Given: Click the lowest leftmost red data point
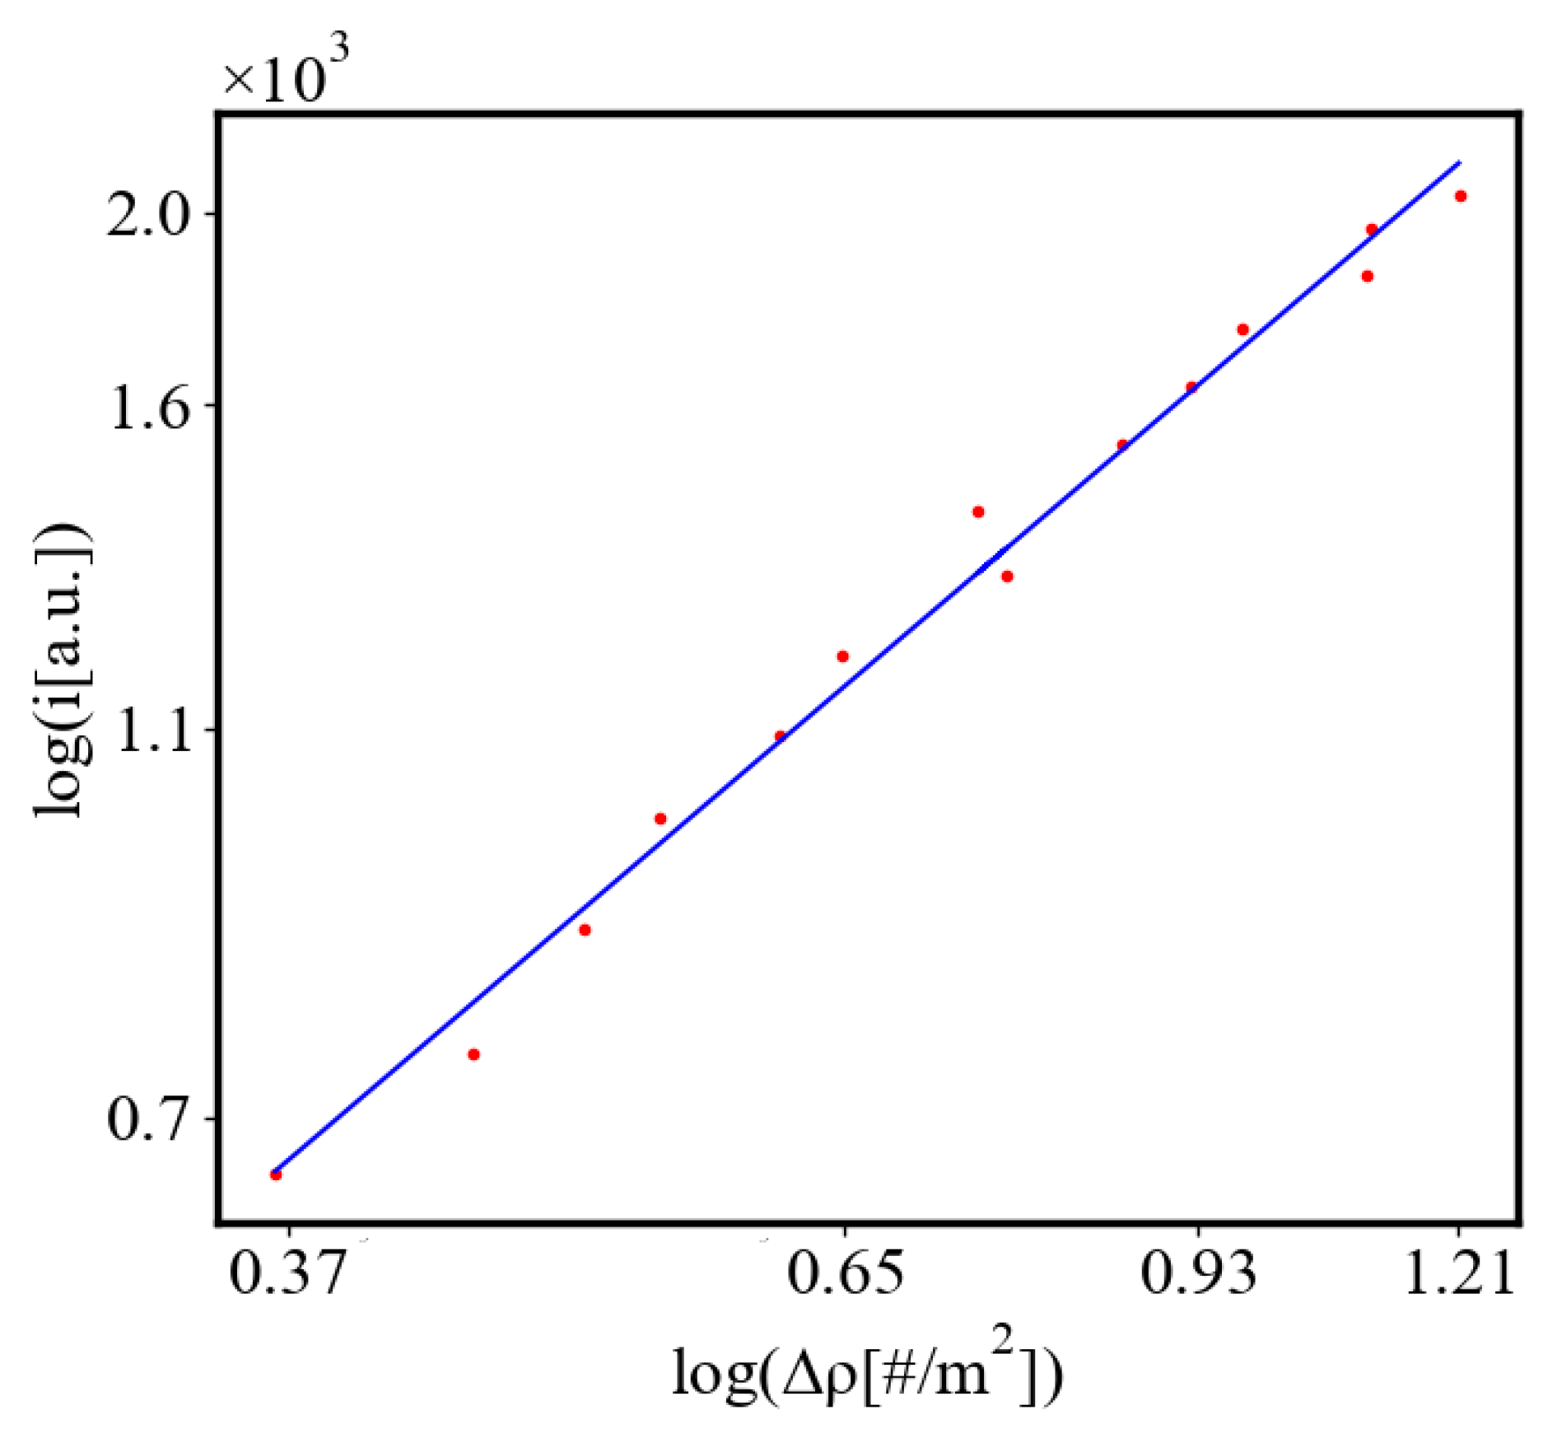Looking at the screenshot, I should coord(276,1174).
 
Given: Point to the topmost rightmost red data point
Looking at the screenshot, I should coord(1461,196).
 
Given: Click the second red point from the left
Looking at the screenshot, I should coord(473,1054).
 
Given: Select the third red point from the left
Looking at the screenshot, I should coord(585,930).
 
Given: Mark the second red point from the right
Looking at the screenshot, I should coord(1372,229).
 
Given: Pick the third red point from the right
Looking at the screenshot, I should coord(1367,276).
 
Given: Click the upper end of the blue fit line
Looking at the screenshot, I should coord(1459,162).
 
